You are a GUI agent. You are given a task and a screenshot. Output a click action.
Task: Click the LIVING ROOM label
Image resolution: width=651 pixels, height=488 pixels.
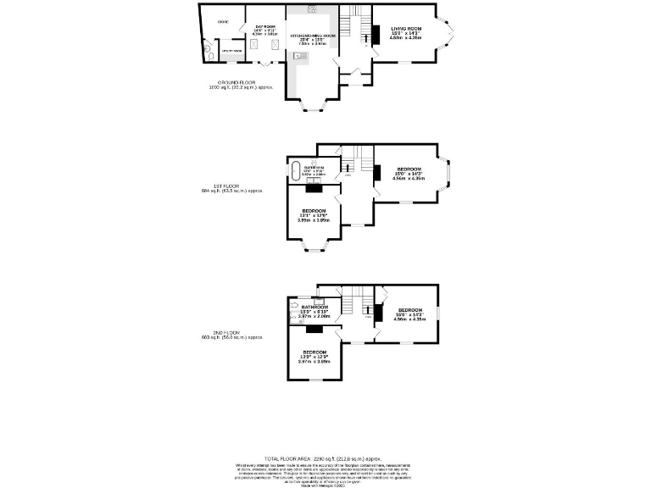[x=406, y=29]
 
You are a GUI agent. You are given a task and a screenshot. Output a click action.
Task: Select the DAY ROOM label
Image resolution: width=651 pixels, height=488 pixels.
[x=265, y=27]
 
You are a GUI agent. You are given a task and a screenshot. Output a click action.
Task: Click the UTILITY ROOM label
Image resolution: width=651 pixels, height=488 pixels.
[x=231, y=51]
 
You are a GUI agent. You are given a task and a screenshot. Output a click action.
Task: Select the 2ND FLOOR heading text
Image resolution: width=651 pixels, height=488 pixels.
[x=220, y=333]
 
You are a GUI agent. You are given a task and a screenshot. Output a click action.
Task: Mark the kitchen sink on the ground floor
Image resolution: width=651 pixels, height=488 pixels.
[x=299, y=56]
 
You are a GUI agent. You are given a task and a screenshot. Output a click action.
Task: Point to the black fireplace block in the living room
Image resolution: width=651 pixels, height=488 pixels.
[x=374, y=34]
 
